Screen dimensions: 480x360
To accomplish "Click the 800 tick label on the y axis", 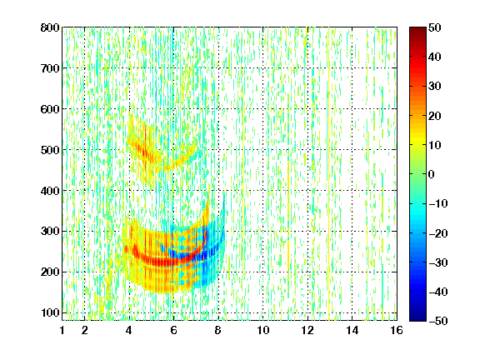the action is (50, 27).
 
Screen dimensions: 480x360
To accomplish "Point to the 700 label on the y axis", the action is (50, 68).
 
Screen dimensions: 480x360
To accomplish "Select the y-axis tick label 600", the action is (50, 109).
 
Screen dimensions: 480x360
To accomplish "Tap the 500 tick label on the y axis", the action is (50, 150).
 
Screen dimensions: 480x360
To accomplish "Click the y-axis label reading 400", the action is (50, 191).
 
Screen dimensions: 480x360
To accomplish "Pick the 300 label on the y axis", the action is (50, 232).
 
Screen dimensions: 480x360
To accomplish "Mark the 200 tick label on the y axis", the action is (50, 272).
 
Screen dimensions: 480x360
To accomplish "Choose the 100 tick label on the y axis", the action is (50, 312).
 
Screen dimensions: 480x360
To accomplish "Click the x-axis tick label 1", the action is (62, 330).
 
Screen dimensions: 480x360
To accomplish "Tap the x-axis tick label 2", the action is (84, 330).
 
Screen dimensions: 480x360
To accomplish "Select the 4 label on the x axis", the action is (129, 330).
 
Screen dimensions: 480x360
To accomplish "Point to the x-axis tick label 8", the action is (218, 330).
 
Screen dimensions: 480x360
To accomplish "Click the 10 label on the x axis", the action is (263, 330).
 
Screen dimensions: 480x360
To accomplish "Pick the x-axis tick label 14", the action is (352, 330).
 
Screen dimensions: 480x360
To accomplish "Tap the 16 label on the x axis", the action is (397, 330).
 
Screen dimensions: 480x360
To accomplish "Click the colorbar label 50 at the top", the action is (435, 27).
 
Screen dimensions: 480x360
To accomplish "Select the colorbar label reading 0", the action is (432, 174).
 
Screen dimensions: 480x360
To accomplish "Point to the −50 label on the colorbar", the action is (438, 321).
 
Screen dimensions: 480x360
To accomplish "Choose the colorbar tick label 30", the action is (435, 87).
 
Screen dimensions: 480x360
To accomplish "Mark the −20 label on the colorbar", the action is (438, 233).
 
